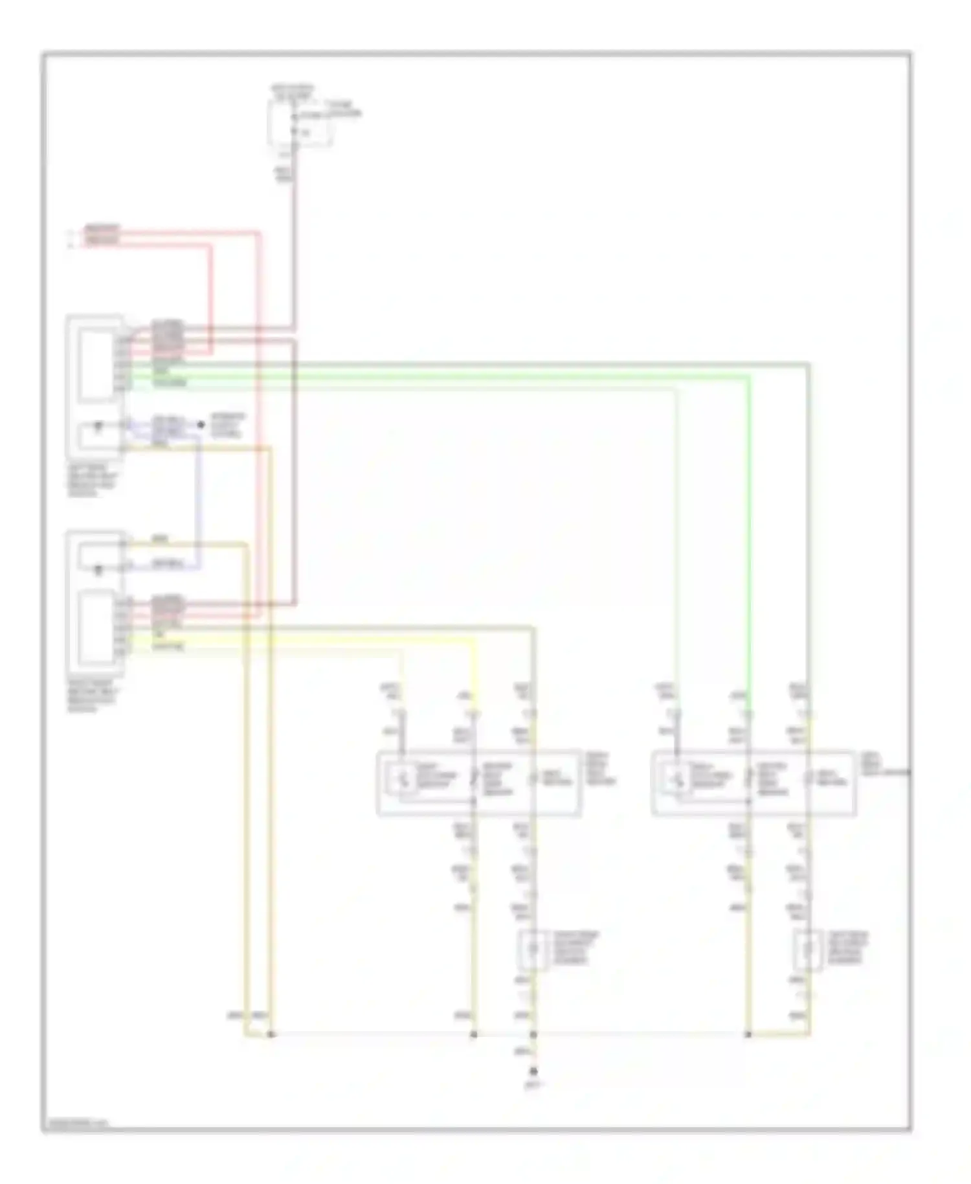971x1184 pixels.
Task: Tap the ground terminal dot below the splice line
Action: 533,1071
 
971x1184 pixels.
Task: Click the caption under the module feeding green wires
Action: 93,480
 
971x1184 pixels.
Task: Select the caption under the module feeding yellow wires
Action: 93,696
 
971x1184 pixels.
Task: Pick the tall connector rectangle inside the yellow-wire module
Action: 97,628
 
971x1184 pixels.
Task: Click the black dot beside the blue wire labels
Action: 201,425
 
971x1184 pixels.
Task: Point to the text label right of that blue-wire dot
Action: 227,425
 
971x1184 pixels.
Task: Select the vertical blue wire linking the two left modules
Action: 198,499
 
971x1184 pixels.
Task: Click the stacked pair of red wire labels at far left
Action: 102,235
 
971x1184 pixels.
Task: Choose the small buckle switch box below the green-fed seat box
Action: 808,950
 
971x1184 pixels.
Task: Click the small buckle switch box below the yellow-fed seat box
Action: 533,950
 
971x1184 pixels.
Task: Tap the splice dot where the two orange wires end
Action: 271,1034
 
